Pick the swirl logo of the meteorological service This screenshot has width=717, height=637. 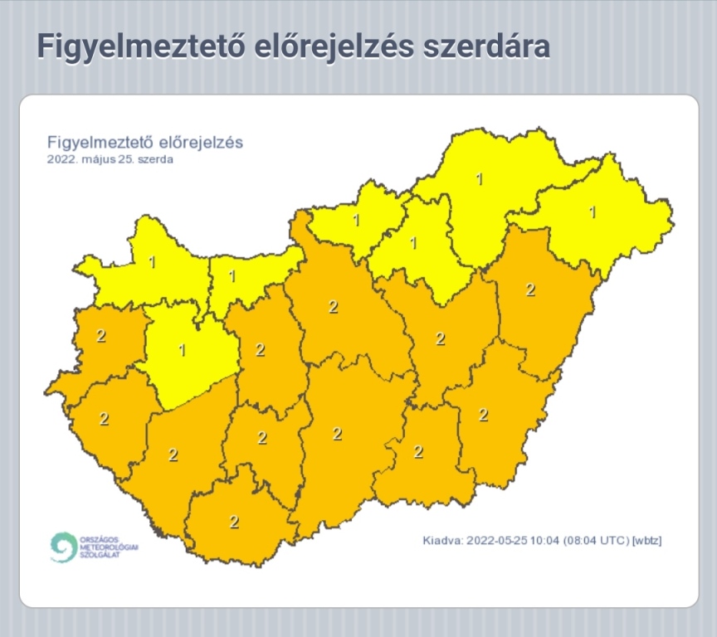pyautogui.click(x=62, y=547)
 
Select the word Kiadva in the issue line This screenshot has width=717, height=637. pyautogui.click(x=441, y=541)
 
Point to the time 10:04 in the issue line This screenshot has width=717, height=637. pyautogui.click(x=544, y=541)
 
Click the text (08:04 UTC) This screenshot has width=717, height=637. pyautogui.click(x=597, y=541)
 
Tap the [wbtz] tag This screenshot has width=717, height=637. pyautogui.click(x=647, y=541)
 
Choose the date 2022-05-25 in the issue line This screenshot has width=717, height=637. pyautogui.click(x=495, y=541)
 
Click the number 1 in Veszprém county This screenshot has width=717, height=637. pyautogui.click(x=183, y=350)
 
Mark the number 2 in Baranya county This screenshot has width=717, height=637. pyautogui.click(x=234, y=522)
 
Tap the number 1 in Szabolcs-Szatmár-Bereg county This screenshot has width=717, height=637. pyautogui.click(x=593, y=212)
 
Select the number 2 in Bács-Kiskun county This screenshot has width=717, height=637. pyautogui.click(x=337, y=434)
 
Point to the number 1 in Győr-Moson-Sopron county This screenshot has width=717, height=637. pyautogui.click(x=152, y=262)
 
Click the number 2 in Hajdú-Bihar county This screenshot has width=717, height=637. pyautogui.click(x=531, y=289)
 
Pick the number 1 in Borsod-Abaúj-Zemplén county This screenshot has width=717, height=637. pyautogui.click(x=478, y=178)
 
